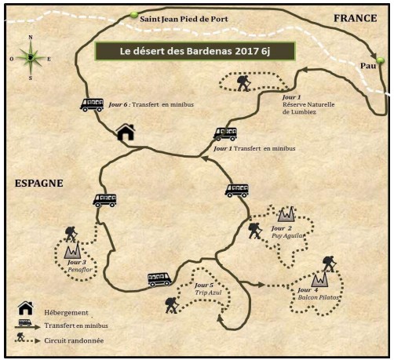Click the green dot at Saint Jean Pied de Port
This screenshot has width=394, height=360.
[133, 15]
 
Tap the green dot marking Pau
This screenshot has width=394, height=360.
[380, 60]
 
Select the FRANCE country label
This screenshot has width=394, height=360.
[356, 18]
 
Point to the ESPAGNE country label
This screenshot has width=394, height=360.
[39, 184]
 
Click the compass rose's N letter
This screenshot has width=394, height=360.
[31, 37]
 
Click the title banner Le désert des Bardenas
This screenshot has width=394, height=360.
[195, 51]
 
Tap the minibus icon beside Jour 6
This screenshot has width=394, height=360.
[92, 105]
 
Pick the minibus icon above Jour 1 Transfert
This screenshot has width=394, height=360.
[225, 134]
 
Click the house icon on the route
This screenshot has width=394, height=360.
[126, 132]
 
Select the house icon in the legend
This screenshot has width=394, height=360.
[26, 308]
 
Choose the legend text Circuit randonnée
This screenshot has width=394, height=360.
[74, 340]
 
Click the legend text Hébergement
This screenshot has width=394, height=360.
[66, 313]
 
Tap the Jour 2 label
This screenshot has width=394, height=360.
[282, 228]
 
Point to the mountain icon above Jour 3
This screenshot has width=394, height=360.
[72, 250]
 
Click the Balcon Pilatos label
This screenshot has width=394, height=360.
[318, 297]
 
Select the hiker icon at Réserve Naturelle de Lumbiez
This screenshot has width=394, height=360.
[244, 83]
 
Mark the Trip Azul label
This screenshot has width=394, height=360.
[208, 293]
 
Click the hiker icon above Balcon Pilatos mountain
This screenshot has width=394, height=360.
[329, 264]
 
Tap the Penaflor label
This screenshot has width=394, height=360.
[80, 270]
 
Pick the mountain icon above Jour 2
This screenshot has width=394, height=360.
[286, 213]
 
